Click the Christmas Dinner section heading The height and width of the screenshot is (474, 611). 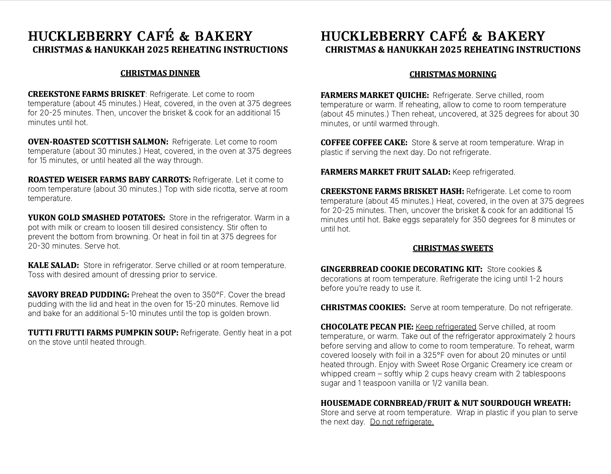coord(160,73)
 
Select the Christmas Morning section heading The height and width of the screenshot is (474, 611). coord(453,74)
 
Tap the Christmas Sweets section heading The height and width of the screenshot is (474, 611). coord(453,248)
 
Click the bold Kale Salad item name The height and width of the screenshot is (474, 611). coord(53,265)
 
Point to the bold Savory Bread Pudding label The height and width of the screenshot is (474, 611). coord(78,295)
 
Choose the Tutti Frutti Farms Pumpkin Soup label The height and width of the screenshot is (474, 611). coord(103,333)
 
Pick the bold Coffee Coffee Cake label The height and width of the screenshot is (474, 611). coord(364,143)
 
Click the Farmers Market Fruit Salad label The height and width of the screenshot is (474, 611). coord(385,172)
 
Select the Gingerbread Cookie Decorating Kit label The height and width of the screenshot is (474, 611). coord(401,269)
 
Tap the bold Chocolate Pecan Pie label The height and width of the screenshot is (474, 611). coord(367,327)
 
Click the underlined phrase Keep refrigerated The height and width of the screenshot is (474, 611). coord(446,327)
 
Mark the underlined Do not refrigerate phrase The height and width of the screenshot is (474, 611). coord(402,422)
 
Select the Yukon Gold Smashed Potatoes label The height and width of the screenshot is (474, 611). coord(96,218)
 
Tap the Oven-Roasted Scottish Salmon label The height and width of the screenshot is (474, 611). coord(98,142)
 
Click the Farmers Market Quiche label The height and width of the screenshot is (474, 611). coord(374,95)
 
